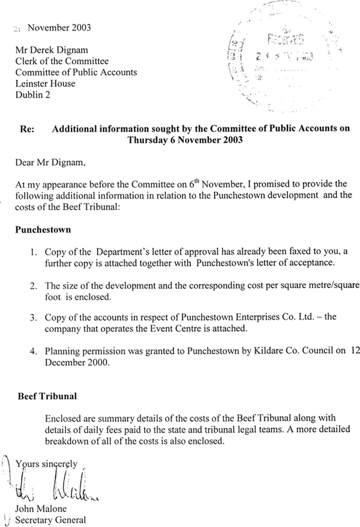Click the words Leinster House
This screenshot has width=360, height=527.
click(x=45, y=84)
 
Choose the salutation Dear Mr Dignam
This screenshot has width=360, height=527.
click(x=50, y=161)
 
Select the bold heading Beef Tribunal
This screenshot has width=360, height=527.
click(x=44, y=397)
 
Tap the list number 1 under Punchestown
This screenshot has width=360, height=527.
click(x=34, y=252)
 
